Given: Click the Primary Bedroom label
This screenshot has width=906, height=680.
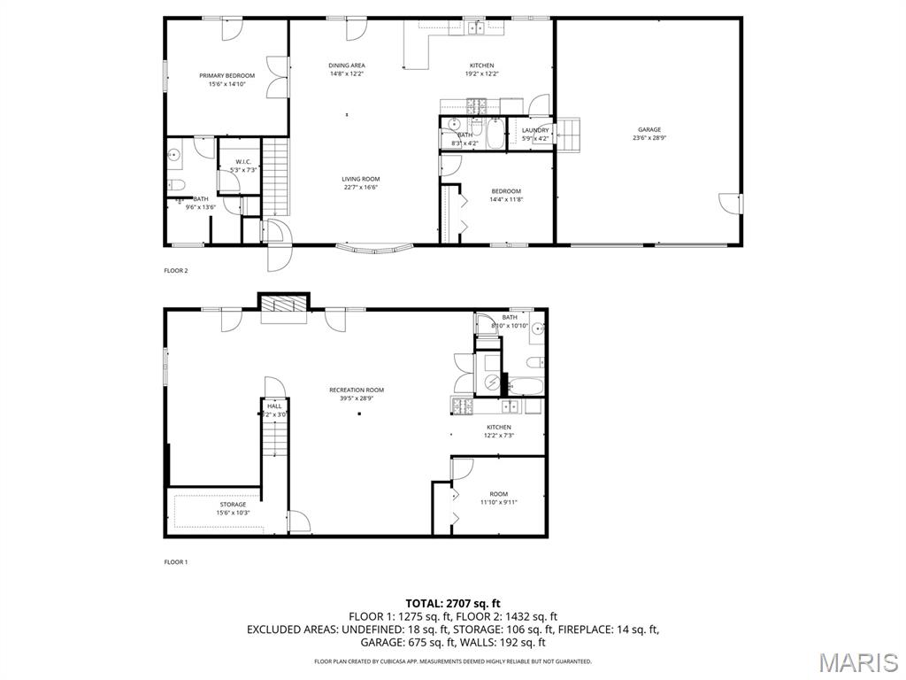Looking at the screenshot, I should pos(226,76).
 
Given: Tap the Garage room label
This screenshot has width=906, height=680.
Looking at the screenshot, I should pos(649,129).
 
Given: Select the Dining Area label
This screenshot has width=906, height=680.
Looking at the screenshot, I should pos(347,66).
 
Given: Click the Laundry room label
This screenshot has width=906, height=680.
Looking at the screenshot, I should pos(535,130).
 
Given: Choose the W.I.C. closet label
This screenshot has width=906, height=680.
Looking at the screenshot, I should pos(243,162).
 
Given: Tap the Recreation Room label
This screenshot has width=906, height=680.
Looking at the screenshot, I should pos(357,390).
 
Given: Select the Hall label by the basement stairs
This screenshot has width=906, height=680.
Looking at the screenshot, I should pos(274,406).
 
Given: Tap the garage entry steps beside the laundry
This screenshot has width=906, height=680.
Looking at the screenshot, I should pos(569,134).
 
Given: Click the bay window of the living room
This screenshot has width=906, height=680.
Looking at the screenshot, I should pos(372,249).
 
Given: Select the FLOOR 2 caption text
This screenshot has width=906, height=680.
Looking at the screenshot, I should pos(176,271).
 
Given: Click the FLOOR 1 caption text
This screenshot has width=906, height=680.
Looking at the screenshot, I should pos(176,562).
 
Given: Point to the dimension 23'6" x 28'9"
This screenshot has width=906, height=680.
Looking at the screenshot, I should pos(649,138).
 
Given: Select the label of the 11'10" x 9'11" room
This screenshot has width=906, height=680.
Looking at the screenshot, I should pos(499,494).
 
